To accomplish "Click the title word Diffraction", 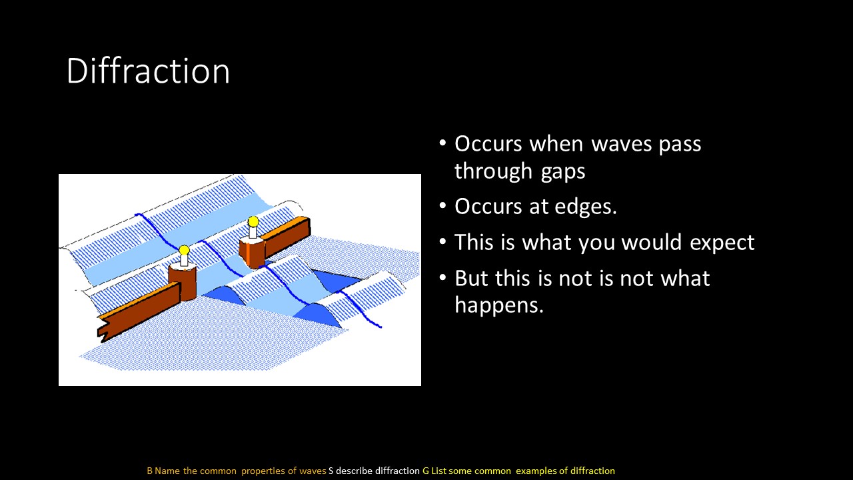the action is coord(148,71).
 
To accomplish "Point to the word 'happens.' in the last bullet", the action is coord(499,305).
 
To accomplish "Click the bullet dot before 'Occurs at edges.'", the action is coord(442,206).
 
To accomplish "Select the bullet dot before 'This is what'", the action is coord(442,241).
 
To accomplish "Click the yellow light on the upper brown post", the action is coord(253,221).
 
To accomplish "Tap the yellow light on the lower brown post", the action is coord(185,250).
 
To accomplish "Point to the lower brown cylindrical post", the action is coord(183,281).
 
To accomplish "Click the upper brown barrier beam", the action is coord(287,236).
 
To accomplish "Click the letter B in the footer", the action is coord(150,471).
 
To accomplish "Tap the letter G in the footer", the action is coord(426,471).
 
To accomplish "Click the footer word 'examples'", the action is coord(536,471).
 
